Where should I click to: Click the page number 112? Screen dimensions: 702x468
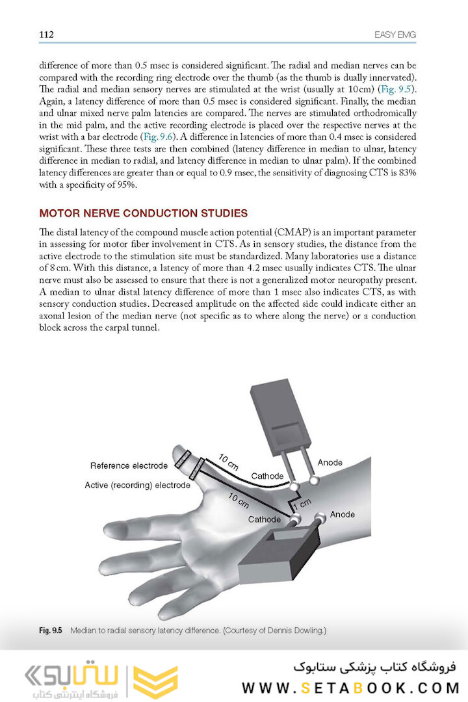46,34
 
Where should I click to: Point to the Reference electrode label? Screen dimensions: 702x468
129,465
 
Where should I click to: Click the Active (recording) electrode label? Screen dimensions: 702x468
137,486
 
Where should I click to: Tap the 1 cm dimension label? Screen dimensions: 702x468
302,503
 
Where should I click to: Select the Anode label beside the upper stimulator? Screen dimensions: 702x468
330,463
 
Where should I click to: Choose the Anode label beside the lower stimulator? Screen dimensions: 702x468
343,514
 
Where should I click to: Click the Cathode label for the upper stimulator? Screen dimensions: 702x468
267,476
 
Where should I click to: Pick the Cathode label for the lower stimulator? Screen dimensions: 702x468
265,519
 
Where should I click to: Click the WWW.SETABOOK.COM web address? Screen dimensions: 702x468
350,687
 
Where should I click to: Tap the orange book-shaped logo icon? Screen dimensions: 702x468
155,681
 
